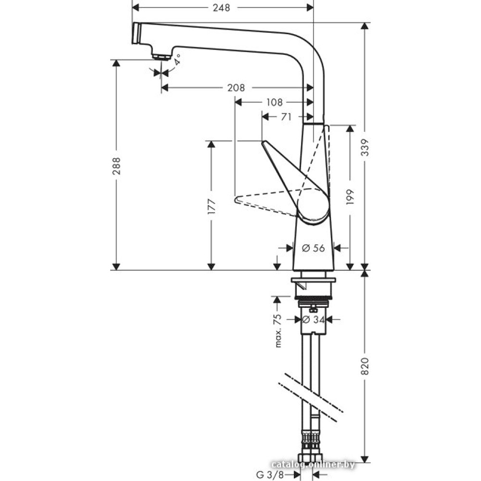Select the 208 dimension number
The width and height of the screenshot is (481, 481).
(x=236, y=88)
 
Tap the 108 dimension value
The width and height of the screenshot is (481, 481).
(x=274, y=102)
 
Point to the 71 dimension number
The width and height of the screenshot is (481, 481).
(x=286, y=116)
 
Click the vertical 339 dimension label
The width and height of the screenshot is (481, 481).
(x=365, y=148)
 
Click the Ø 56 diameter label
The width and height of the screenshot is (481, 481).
(x=314, y=248)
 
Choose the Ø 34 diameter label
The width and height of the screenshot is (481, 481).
(x=314, y=319)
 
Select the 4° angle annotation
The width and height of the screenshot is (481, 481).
(x=178, y=60)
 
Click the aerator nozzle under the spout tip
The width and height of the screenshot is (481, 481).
(x=161, y=56)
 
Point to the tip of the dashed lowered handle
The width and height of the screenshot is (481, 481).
(x=235, y=199)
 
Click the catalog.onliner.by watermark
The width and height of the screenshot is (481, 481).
(x=313, y=464)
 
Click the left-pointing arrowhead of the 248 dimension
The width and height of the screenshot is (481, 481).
(x=135, y=8)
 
